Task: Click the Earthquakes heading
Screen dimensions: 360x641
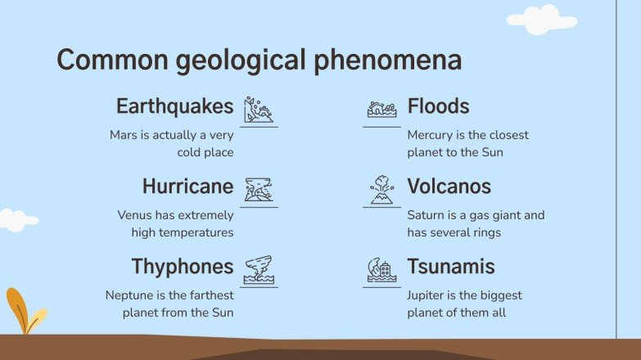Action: click(x=174, y=107)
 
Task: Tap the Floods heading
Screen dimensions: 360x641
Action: click(x=438, y=107)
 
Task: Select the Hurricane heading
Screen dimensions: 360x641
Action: click(x=187, y=187)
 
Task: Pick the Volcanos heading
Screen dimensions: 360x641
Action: click(x=449, y=187)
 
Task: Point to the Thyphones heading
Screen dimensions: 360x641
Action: click(x=183, y=267)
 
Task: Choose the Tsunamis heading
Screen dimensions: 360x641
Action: click(x=451, y=267)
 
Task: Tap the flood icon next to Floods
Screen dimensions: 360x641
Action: click(x=381, y=109)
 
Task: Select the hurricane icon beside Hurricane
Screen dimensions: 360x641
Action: click(x=259, y=189)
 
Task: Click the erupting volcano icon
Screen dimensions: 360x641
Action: click(x=381, y=189)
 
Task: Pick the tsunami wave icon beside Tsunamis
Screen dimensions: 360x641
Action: click(x=381, y=269)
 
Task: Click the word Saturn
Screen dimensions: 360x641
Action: click(x=426, y=215)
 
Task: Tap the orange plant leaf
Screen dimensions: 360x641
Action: click(x=17, y=307)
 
